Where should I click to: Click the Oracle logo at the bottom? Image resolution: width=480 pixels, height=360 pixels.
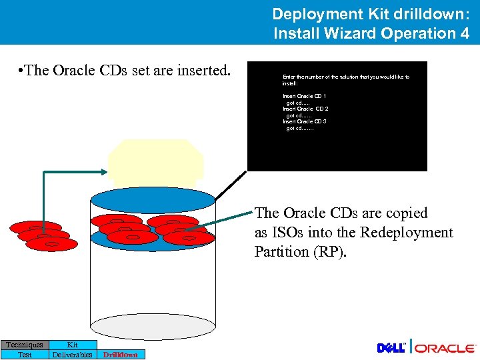[445, 348]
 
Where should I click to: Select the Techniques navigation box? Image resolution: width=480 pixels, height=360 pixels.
[25, 345]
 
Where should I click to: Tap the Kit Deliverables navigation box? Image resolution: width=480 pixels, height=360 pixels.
[73, 349]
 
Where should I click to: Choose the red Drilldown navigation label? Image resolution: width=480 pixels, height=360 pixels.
[121, 355]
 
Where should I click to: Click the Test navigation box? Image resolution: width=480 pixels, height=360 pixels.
[25, 355]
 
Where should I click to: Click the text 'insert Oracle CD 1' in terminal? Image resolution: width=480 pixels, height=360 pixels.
[304, 97]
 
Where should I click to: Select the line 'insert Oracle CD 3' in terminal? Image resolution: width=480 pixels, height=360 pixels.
[304, 121]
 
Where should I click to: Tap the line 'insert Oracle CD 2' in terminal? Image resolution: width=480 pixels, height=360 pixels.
[305, 109]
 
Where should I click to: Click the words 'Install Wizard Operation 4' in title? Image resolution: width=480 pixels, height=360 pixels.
[371, 33]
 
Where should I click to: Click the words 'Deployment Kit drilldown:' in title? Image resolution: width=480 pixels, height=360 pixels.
[371, 13]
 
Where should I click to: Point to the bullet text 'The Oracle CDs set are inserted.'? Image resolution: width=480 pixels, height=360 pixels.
[125, 70]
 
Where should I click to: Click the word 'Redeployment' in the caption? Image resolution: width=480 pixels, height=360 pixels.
[406, 233]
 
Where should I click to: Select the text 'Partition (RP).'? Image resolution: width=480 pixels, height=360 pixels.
[301, 252]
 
